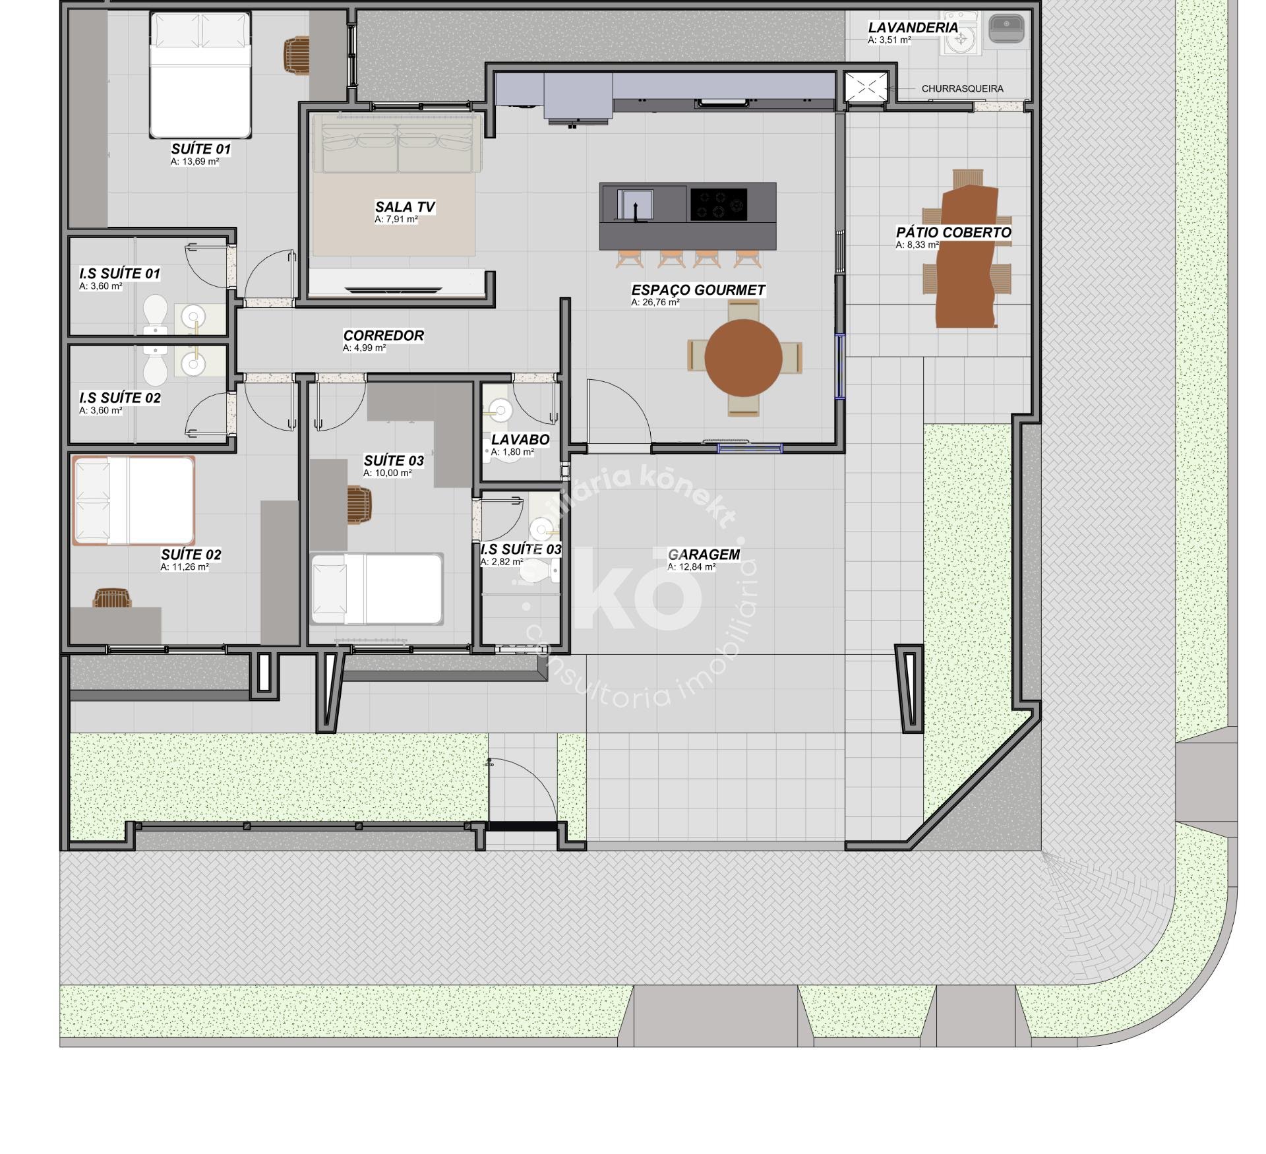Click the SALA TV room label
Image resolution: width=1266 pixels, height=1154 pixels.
[405, 207]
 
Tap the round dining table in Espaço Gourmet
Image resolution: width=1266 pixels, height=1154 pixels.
[743, 358]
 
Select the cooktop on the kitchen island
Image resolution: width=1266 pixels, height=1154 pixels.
[719, 204]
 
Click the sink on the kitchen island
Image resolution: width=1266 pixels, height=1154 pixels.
[635, 204]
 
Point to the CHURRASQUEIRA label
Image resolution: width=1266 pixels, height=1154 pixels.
[962, 88]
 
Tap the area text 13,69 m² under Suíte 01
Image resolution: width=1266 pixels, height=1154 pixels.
[195, 162]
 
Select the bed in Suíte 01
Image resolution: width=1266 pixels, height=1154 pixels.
[200, 75]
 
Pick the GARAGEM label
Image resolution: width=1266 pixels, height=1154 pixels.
[704, 555]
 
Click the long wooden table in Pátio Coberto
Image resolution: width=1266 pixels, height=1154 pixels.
[967, 256]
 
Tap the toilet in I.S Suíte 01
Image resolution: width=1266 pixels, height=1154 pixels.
[156, 313]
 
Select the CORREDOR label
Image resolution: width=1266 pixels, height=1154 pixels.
[383, 336]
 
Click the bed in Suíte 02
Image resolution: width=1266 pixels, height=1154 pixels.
[134, 501]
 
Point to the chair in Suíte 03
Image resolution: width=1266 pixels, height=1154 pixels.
[359, 505]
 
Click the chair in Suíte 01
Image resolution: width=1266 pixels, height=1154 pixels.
[297, 55]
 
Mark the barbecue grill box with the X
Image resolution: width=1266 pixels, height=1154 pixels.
[866, 87]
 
